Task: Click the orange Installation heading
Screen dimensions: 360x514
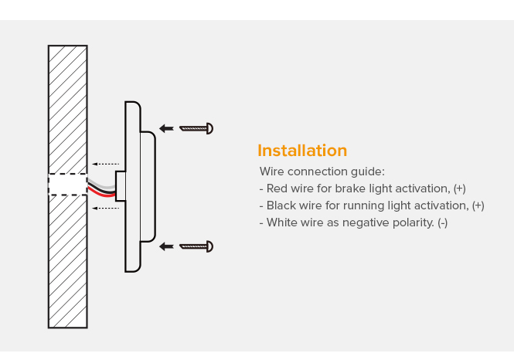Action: [x=302, y=151]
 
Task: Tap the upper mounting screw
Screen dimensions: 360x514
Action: [x=196, y=128]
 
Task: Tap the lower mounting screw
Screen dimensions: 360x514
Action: [x=196, y=246]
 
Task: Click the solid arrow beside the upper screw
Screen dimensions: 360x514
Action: [x=166, y=128]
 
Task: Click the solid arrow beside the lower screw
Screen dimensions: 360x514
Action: [x=166, y=246]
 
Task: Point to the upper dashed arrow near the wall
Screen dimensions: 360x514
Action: [x=105, y=164]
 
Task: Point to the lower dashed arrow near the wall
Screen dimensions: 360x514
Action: [x=105, y=208]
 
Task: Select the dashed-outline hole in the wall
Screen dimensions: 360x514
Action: [x=67, y=185]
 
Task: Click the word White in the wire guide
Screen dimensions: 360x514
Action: [x=282, y=222]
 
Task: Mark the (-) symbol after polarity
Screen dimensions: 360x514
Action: [x=442, y=222]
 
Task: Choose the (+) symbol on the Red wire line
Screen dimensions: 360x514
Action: [x=459, y=188]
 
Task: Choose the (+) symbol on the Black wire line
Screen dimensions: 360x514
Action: [x=478, y=205]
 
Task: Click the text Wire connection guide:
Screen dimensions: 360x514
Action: [x=322, y=172]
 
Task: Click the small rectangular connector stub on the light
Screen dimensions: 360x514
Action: [x=120, y=187]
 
